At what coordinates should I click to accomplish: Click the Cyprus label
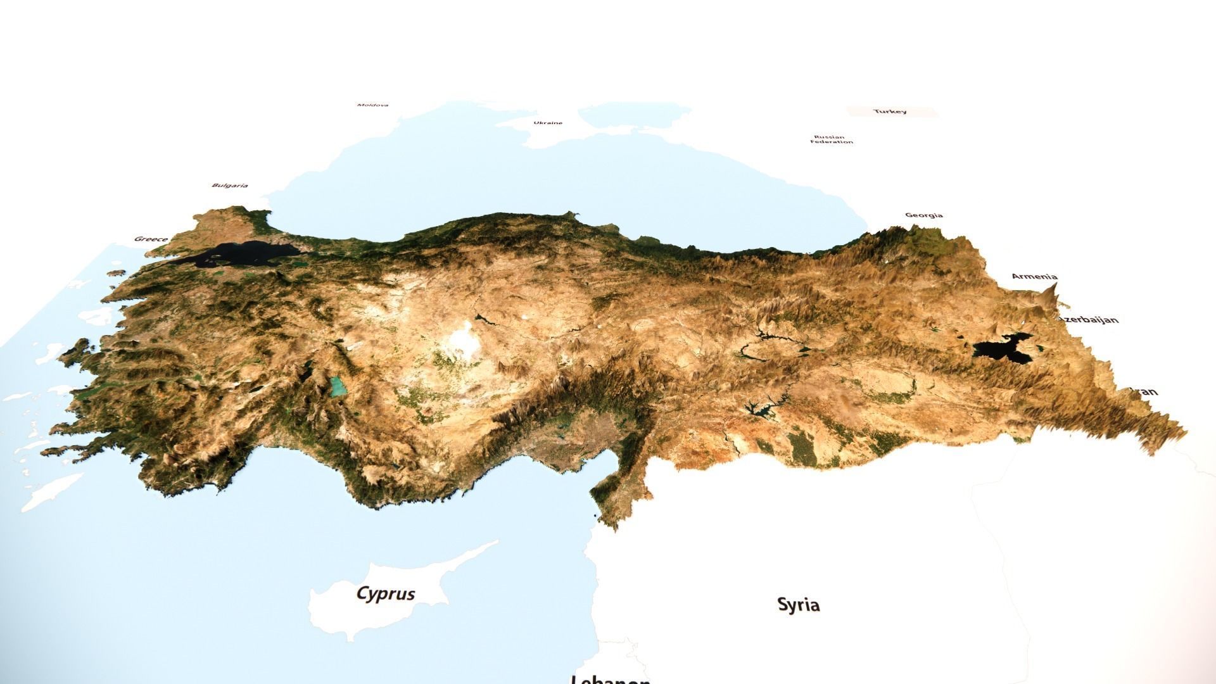click(386, 593)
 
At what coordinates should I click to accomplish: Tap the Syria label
click(798, 605)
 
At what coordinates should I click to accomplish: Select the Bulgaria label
click(229, 186)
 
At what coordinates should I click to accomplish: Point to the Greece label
click(151, 239)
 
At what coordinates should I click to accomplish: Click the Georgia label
click(924, 215)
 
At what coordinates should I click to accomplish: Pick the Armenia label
click(1034, 276)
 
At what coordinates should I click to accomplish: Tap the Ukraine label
click(547, 123)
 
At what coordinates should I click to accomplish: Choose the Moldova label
click(372, 105)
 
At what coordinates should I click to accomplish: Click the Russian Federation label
click(831, 139)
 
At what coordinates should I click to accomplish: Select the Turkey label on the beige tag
click(890, 111)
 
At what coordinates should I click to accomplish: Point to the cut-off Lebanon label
click(609, 679)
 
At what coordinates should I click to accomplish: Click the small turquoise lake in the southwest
click(338, 386)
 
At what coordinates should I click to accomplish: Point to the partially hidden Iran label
click(1146, 391)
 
